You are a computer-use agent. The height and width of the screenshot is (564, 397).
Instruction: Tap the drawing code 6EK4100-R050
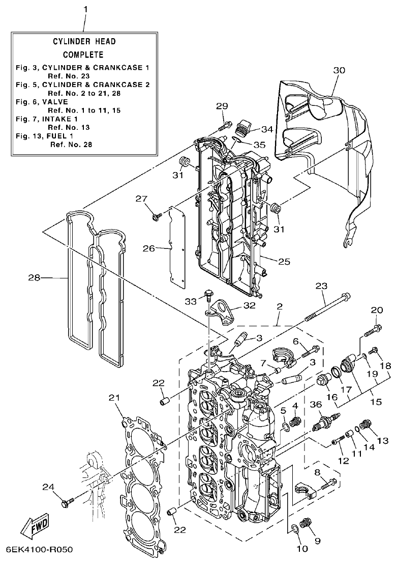(40, 550)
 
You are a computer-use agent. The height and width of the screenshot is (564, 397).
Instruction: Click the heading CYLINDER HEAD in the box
(84, 42)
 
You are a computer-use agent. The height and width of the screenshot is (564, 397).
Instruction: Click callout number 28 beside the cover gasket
(34, 278)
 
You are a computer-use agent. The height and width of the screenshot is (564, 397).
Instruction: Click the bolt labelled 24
(67, 503)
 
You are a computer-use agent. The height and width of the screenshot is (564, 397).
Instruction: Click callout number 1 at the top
(85, 10)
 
